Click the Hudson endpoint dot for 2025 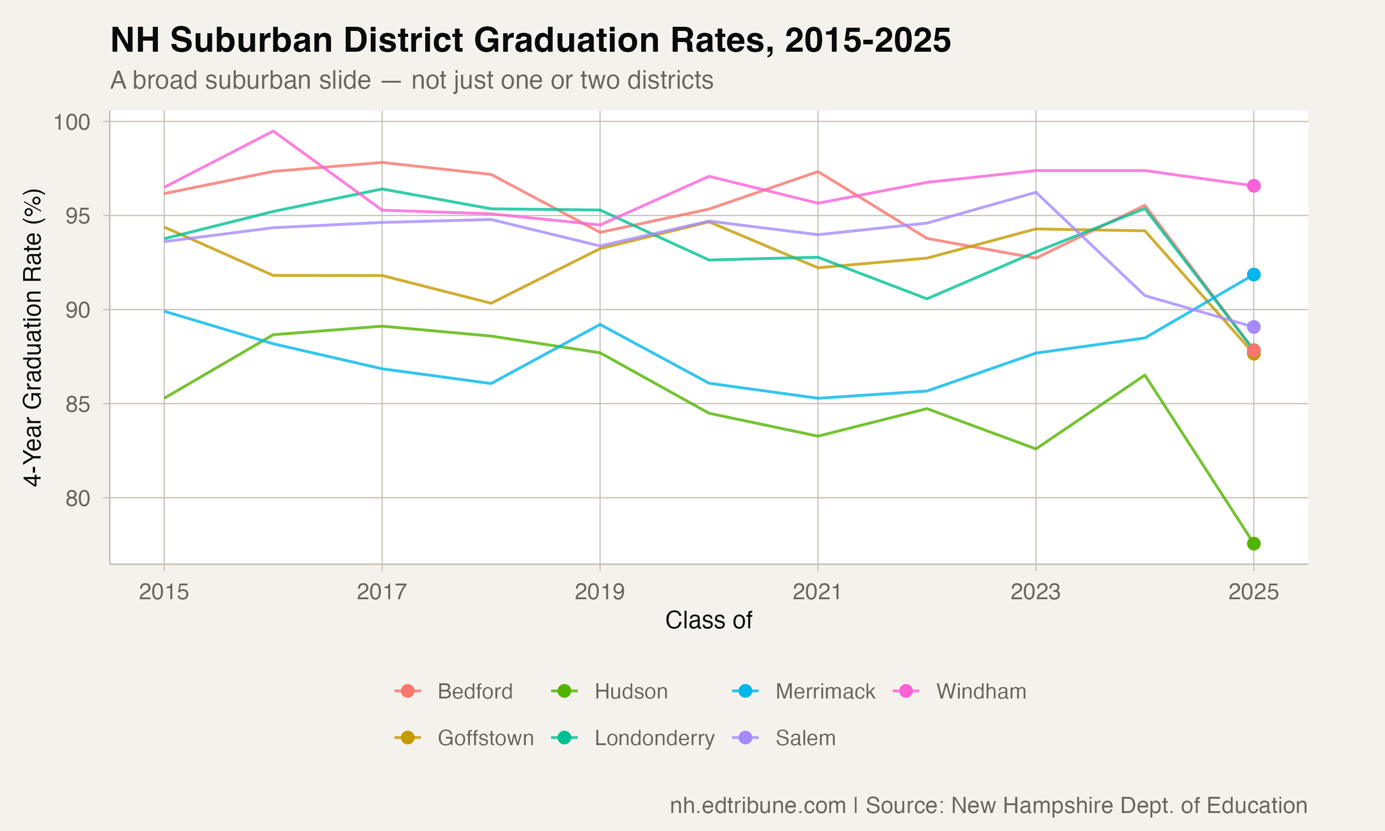coord(1253,544)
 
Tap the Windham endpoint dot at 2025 coord(1253,186)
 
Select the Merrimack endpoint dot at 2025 coord(1253,274)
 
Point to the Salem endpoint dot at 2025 coord(1253,327)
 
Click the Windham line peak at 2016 coord(273,131)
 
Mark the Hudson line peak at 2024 coord(1145,375)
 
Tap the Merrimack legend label coord(825,692)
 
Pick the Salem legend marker coord(745,738)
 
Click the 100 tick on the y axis coord(72,122)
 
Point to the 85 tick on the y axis coord(78,404)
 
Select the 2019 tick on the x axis coord(600,592)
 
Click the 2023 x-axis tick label coord(1035,592)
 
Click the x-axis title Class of coord(708,620)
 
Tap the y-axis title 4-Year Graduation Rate coord(34,337)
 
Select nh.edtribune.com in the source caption coord(758,806)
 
